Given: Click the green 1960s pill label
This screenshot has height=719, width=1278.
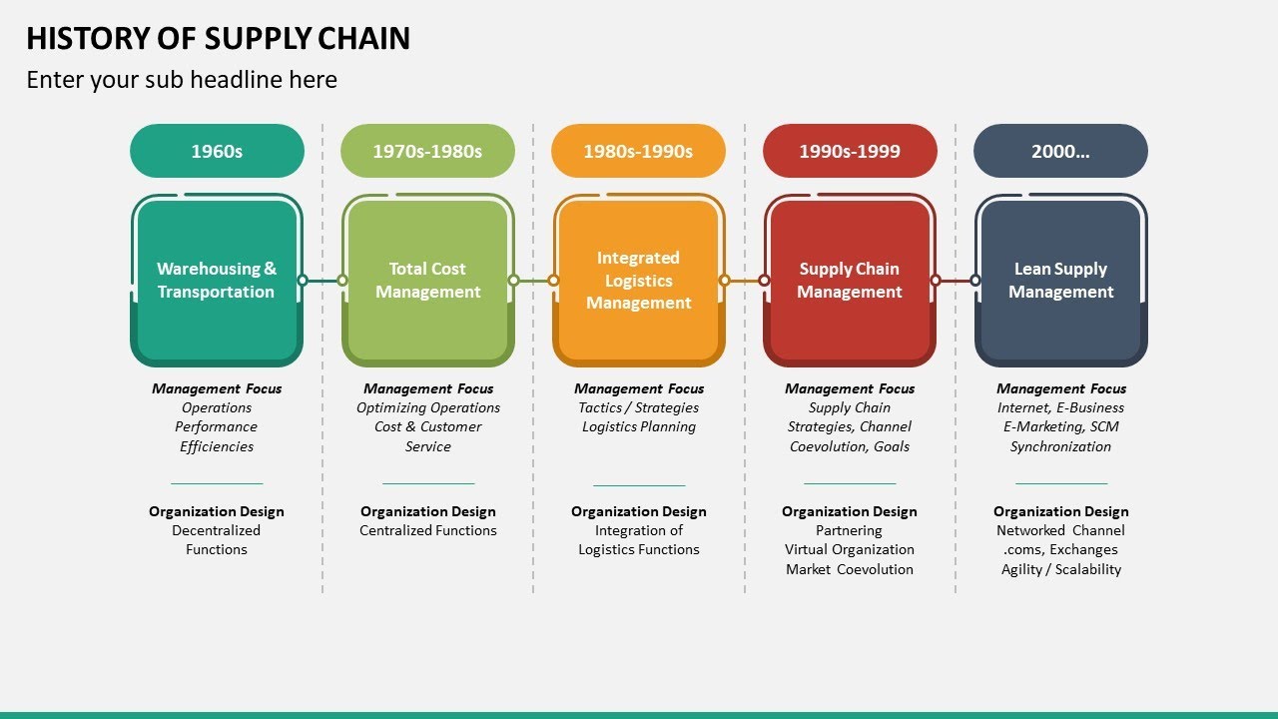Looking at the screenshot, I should pos(217,151).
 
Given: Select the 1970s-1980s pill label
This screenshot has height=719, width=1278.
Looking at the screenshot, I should pos(427,151).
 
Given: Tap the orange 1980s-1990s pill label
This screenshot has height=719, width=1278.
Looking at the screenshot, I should pos(638,151).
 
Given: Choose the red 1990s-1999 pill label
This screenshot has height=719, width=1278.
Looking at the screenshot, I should pos(850,151).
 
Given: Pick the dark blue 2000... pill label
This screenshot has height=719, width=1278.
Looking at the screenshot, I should pos(1060,151).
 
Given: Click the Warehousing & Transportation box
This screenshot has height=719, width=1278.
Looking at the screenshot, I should pos(217,281).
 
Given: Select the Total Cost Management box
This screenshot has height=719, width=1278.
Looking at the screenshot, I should pos(427,281).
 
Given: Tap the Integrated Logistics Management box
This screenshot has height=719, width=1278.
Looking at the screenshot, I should pos(639,281).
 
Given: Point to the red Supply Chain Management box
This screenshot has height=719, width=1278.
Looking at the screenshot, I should pos(850,281).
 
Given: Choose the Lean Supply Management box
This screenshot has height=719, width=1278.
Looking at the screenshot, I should pos(1060,281).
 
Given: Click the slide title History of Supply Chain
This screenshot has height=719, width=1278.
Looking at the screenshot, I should pos(218,38).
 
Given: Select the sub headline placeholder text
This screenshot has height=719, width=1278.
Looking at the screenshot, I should pos(182,80).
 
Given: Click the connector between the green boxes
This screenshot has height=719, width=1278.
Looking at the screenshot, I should pos(322,281).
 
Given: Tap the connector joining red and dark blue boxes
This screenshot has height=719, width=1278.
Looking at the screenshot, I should pos(956,281).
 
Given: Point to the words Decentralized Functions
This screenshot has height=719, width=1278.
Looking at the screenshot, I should pos(217,540).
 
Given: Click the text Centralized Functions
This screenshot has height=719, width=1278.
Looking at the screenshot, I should pos(427,530).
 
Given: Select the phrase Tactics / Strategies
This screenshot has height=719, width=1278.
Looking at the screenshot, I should pos(639,407).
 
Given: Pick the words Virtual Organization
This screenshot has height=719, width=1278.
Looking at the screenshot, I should pos(850,549).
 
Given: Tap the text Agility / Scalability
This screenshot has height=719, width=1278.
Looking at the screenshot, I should pos(1060,569).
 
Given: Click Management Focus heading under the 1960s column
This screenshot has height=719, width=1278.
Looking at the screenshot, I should pos(217,388).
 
